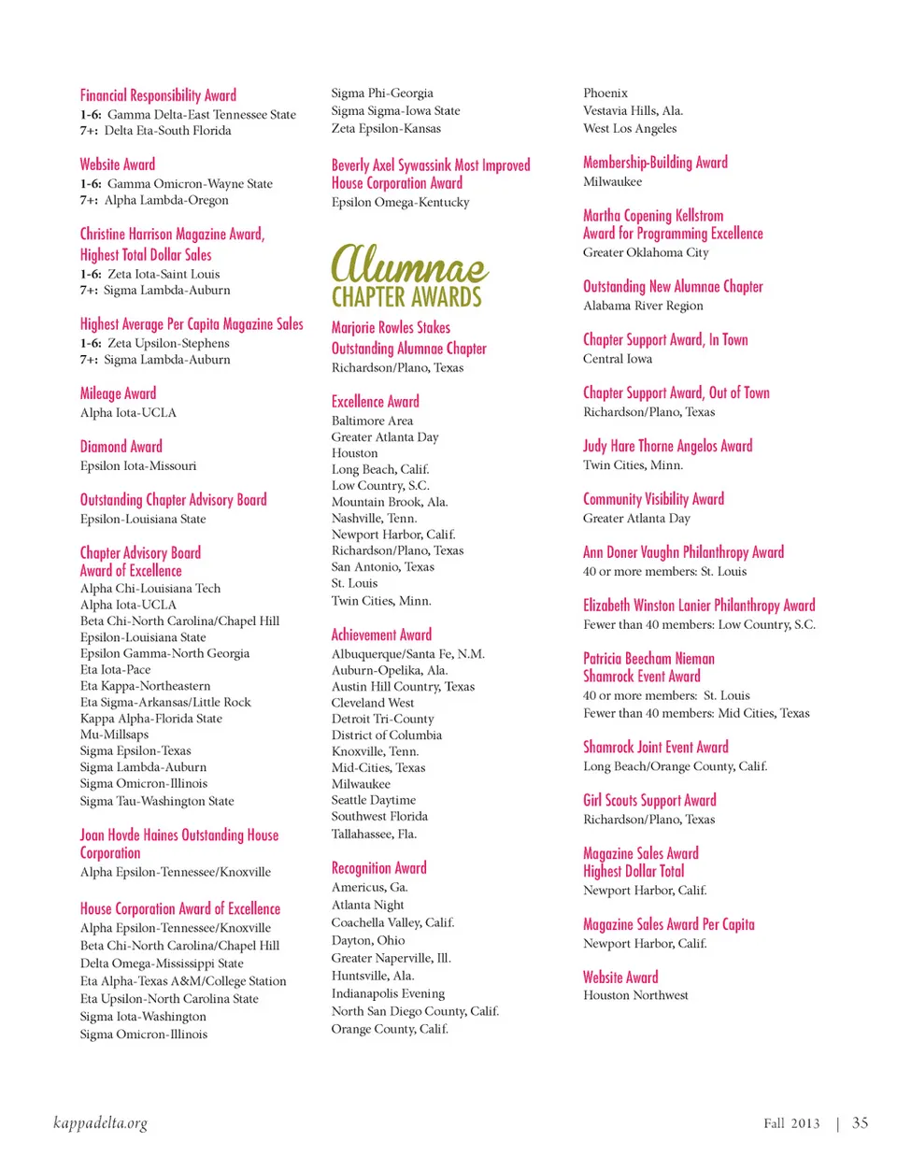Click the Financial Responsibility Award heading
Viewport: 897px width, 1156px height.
click(158, 95)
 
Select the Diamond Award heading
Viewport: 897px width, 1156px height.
click(121, 447)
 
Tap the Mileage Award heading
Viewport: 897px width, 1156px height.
click(118, 393)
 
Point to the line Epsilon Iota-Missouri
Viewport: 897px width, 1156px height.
click(138, 465)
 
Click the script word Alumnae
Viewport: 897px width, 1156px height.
click(409, 264)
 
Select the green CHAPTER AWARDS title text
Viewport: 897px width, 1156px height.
click(406, 297)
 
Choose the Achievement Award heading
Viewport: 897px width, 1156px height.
click(381, 635)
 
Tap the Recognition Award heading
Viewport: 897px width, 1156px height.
click(378, 868)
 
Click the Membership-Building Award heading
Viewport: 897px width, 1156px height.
click(655, 163)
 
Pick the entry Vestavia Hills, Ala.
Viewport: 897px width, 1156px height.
click(633, 110)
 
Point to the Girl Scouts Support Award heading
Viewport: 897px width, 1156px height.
click(649, 800)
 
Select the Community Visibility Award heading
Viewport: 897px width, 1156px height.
click(653, 499)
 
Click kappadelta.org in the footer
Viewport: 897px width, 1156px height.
click(101, 1122)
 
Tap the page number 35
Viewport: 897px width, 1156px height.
click(860, 1122)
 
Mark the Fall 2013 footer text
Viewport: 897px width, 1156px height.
click(791, 1123)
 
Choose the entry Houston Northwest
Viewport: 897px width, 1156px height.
click(635, 995)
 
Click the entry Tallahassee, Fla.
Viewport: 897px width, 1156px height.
click(374, 834)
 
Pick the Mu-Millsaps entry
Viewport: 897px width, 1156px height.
click(114, 735)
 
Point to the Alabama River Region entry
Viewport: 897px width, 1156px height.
click(643, 306)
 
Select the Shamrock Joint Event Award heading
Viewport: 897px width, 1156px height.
click(655, 747)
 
